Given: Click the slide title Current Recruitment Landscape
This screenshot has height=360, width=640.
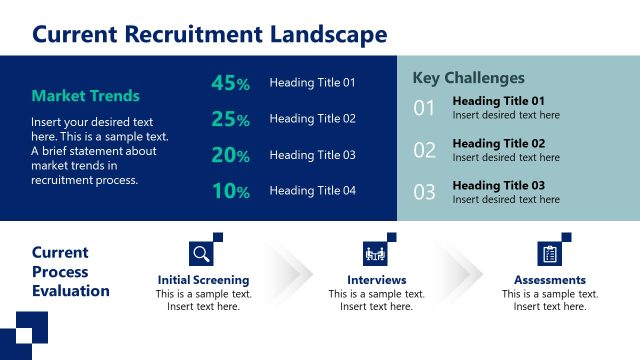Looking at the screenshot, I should [209, 35].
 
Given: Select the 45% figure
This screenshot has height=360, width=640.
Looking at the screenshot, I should [230, 84].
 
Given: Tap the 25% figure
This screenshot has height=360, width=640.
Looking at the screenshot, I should [230, 120].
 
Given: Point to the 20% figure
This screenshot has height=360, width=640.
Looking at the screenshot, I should [230, 155].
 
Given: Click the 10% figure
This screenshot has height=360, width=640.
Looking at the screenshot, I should [230, 191].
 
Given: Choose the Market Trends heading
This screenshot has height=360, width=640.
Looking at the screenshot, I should [86, 96].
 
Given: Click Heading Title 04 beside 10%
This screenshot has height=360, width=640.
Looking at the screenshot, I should [312, 190].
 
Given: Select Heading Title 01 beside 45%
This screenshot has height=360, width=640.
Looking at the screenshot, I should [312, 83].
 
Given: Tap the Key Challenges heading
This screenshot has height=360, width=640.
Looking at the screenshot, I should [468, 78].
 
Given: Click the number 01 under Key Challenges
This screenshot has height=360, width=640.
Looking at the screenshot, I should [425, 108].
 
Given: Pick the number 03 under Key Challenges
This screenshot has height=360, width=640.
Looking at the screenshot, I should [425, 192].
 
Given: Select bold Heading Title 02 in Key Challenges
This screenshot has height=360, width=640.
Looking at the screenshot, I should [498, 143].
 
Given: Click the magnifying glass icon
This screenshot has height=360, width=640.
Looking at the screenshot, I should [201, 253].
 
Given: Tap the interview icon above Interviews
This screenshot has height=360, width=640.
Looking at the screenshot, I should [375, 253].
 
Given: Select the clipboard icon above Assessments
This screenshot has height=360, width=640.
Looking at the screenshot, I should [549, 253].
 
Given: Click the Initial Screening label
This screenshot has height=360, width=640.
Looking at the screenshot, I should [203, 280].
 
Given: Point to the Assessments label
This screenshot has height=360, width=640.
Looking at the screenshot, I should [550, 280].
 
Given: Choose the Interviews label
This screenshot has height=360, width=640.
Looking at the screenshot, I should [376, 280].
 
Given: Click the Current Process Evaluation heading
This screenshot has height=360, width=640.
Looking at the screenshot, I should [70, 272].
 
